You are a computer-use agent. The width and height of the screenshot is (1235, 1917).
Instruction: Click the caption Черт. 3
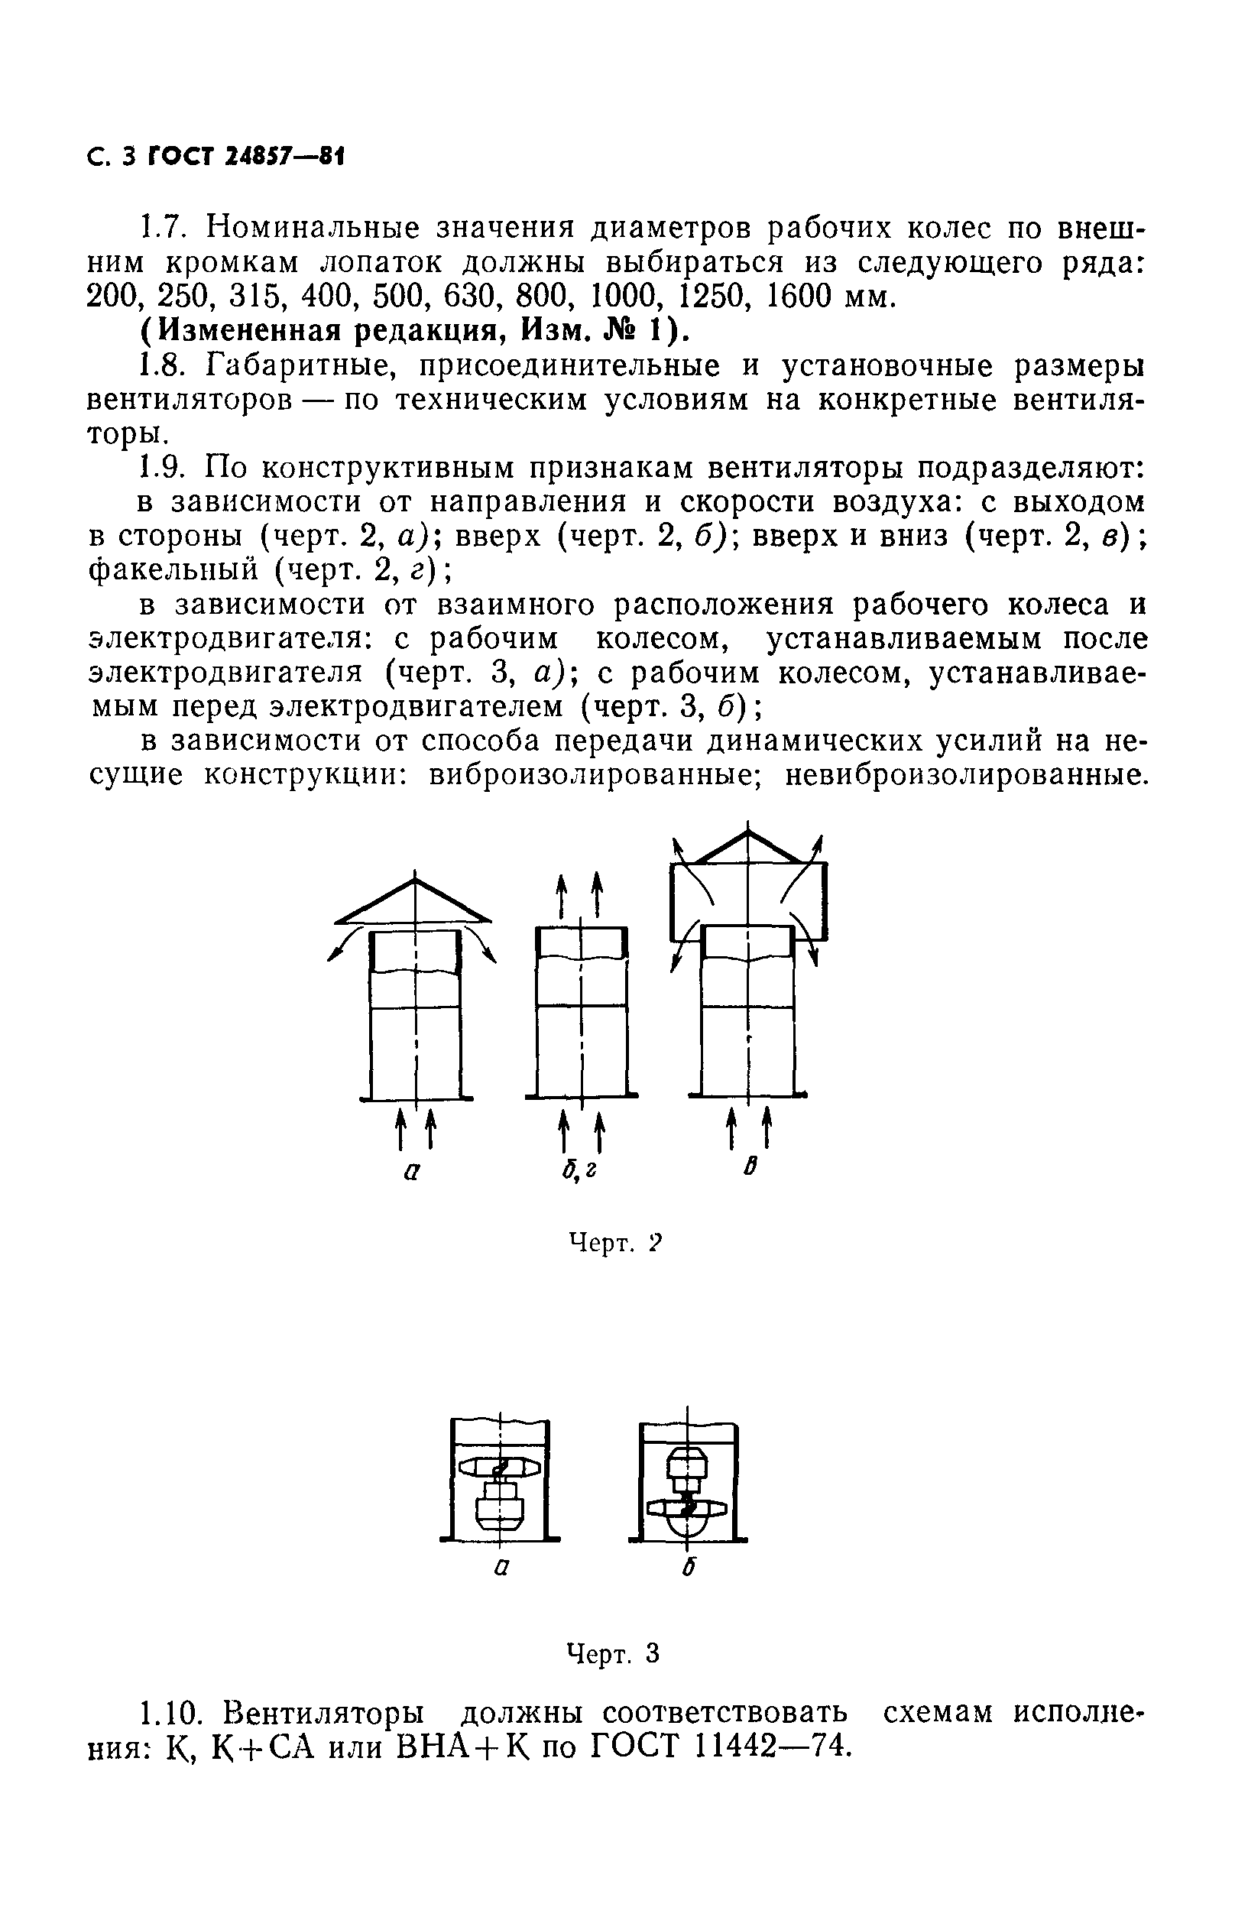click(613, 1653)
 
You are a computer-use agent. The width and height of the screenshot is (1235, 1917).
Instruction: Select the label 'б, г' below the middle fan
click(579, 1173)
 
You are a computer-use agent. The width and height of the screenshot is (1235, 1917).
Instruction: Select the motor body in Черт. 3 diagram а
click(500, 1507)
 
